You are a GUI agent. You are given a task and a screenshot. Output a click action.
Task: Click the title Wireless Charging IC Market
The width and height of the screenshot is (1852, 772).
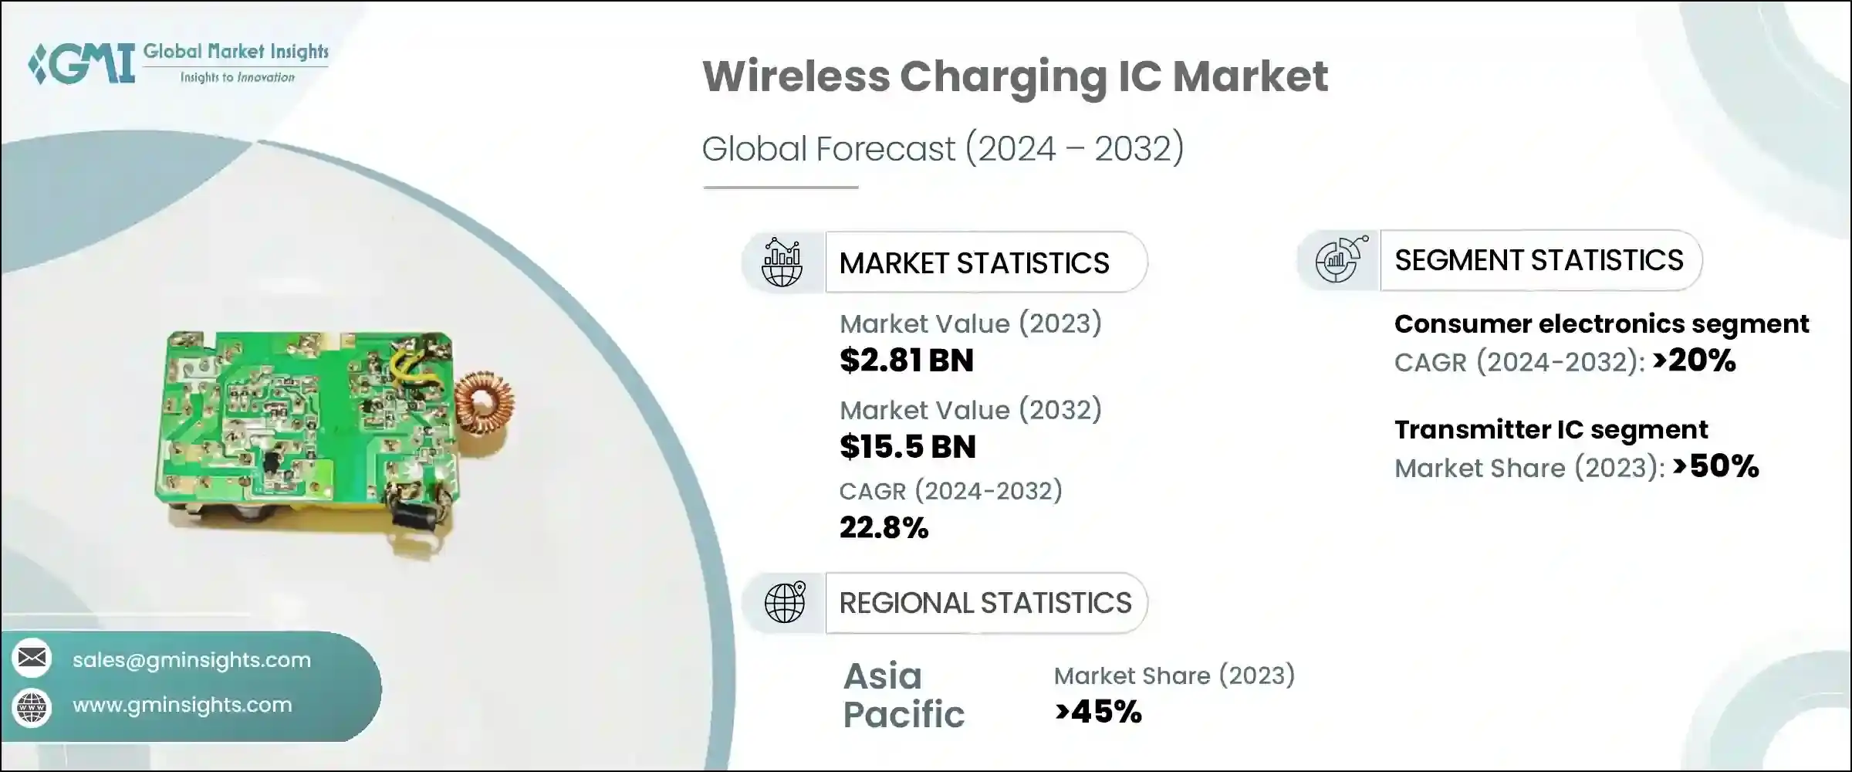click(1014, 76)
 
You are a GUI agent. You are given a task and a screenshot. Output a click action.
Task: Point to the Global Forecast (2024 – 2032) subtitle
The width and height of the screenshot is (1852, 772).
click(942, 148)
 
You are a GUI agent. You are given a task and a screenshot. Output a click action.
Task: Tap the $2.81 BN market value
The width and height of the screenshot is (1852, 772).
click(906, 361)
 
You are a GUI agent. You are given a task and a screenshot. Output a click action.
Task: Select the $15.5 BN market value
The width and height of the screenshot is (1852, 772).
click(907, 447)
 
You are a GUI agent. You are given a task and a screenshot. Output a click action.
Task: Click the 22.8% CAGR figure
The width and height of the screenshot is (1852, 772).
click(884, 528)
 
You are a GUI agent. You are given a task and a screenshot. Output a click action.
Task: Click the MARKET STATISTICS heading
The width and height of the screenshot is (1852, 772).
click(974, 263)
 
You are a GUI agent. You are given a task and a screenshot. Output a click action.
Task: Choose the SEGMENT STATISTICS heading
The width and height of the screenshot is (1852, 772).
click(1539, 260)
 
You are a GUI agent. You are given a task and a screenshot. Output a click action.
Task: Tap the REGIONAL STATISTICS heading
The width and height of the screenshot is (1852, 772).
click(985, 603)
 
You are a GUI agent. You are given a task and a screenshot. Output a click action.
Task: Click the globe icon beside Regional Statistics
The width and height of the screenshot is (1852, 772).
click(784, 602)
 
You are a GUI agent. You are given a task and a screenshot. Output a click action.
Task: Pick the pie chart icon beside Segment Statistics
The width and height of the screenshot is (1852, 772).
click(1340, 260)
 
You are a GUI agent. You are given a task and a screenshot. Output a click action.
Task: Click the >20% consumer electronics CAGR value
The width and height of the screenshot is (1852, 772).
click(1694, 361)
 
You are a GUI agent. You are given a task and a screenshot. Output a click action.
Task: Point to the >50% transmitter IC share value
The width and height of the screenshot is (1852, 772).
click(1715, 466)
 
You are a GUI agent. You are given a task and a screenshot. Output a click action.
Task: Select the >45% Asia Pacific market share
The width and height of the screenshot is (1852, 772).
click(1098, 712)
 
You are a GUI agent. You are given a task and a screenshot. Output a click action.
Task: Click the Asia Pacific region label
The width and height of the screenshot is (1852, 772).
click(903, 695)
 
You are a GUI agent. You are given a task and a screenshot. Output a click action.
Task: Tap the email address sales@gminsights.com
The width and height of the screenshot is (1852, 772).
click(191, 660)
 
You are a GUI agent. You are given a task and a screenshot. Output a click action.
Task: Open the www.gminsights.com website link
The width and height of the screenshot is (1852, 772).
click(182, 705)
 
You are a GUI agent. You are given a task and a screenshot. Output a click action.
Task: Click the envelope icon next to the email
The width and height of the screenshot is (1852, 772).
click(32, 659)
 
